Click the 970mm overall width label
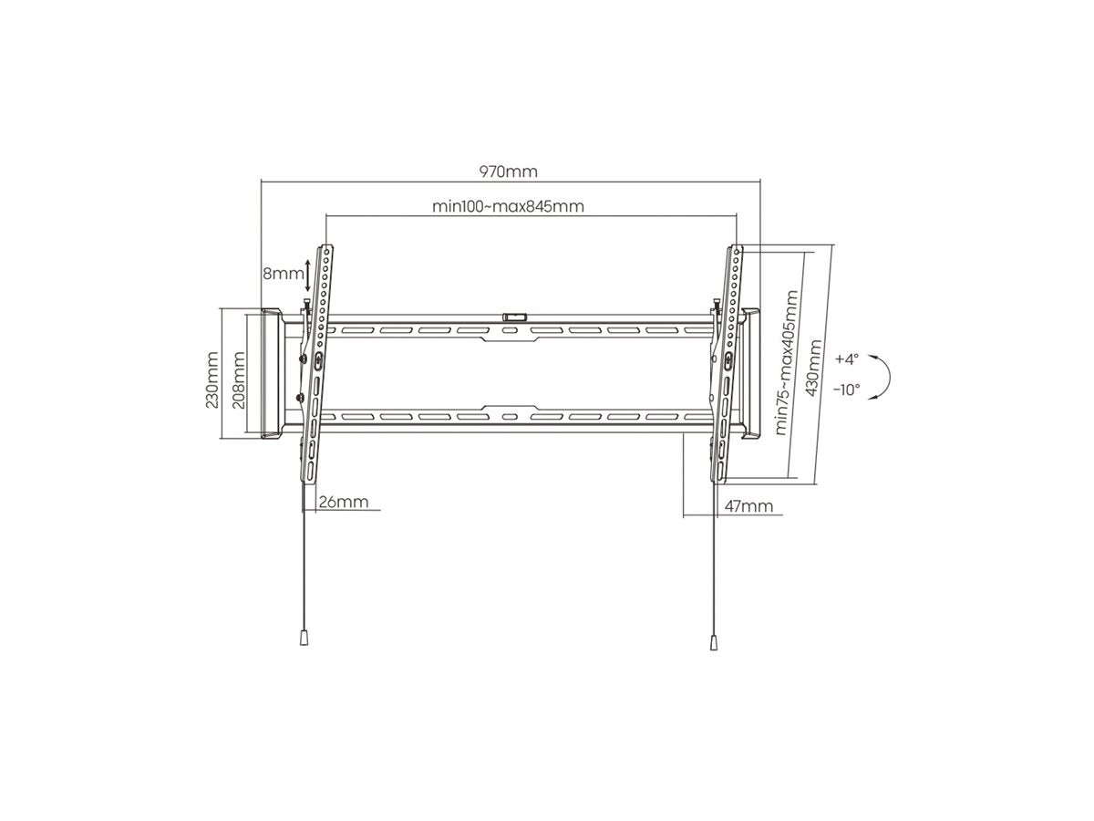tap(509, 171)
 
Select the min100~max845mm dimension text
tap(508, 206)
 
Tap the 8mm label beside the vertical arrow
tap(284, 274)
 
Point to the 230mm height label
tap(212, 379)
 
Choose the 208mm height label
tap(239, 379)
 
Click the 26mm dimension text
tap(344, 502)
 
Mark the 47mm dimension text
tap(748, 506)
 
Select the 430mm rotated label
tap(813, 368)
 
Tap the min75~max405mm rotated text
tap(787, 362)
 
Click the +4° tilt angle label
tap(847, 359)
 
